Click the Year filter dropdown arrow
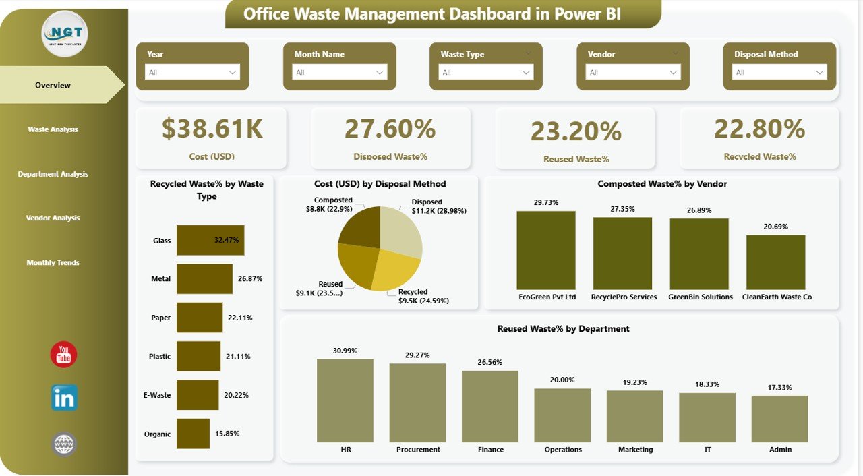click(233, 72)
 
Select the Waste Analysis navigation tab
click(53, 129)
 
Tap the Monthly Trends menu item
click(53, 262)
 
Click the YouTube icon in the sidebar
click(64, 354)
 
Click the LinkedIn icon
click(64, 398)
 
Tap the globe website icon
click(64, 444)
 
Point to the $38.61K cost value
click(212, 129)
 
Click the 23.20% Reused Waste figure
click(576, 131)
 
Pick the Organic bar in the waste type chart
click(193, 434)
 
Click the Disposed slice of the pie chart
click(402, 229)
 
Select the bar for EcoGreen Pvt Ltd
click(546, 250)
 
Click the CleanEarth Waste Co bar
click(775, 262)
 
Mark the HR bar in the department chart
click(345, 400)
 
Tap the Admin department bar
click(779, 419)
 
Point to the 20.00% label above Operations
click(562, 380)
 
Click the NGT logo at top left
click(65, 33)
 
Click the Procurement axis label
click(418, 450)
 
